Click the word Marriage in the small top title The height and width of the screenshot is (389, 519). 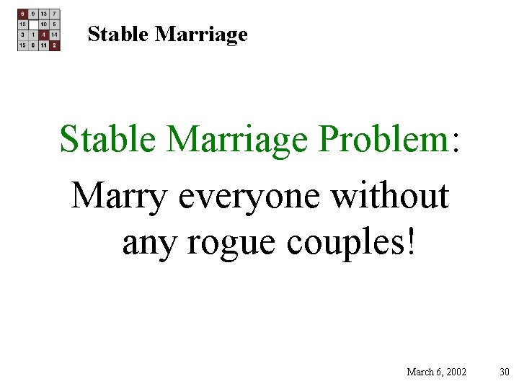coord(201,35)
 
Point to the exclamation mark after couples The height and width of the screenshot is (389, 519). coord(412,242)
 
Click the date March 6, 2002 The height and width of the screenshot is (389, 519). coord(436,372)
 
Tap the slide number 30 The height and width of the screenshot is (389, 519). coord(504,372)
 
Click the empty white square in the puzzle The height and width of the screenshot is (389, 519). coord(33,24)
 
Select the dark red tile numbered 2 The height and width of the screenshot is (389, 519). coord(55,45)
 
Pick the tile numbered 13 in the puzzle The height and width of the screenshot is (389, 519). coord(44,14)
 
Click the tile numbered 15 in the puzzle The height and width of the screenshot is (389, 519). coord(23,45)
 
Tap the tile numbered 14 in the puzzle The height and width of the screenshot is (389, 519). coord(55,35)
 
